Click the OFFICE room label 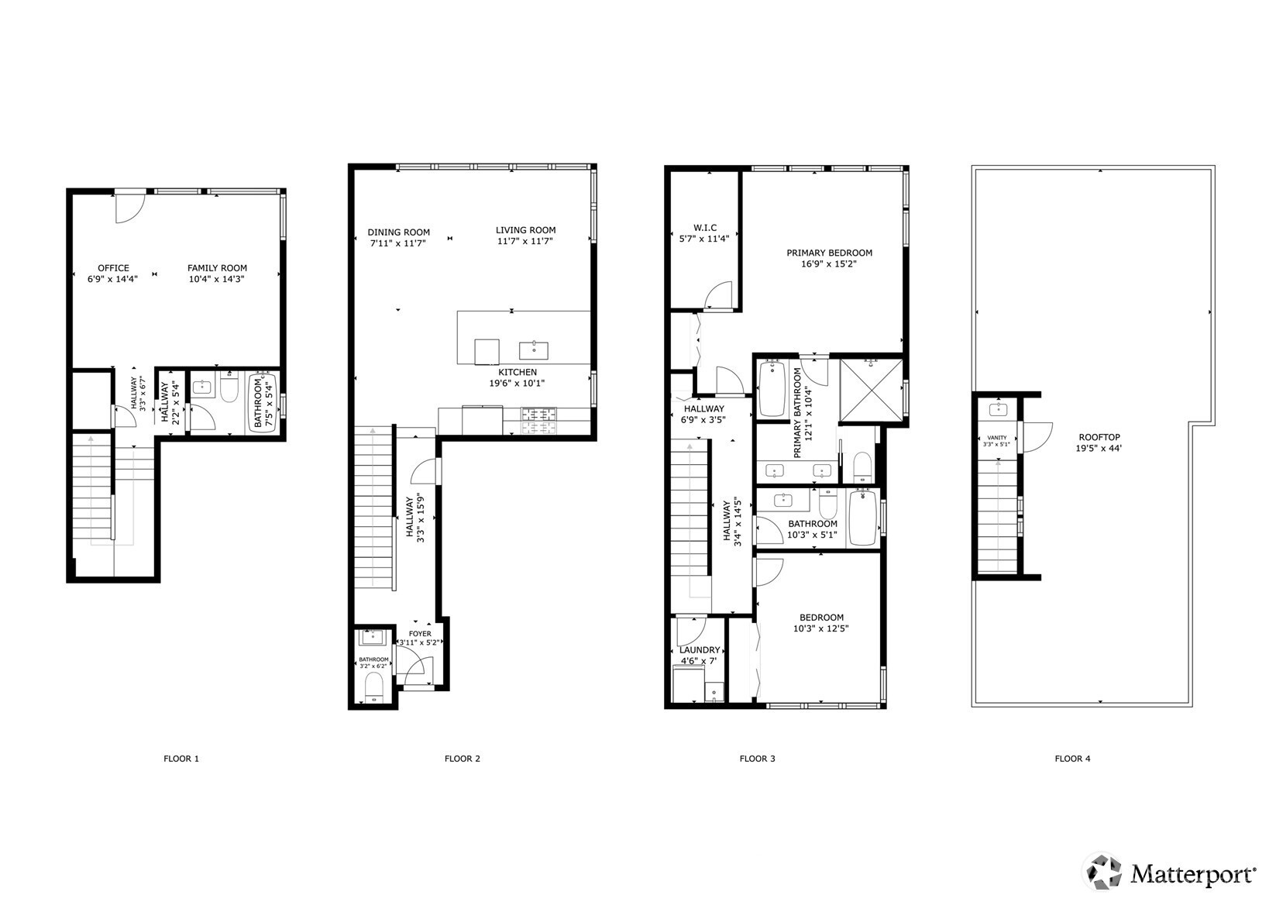113,268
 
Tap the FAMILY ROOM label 217,268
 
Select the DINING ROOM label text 398,232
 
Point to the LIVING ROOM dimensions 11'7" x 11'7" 525,241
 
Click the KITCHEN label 518,372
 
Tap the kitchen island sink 534,350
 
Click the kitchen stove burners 538,421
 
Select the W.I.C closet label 705,228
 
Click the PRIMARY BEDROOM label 830,253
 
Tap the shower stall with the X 872,391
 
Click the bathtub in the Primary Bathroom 772,389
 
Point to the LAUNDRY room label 700,650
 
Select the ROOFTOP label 1099,438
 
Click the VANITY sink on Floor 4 997,409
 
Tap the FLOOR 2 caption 462,759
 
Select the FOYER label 420,634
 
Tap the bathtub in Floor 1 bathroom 263,404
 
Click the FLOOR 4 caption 1072,759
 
